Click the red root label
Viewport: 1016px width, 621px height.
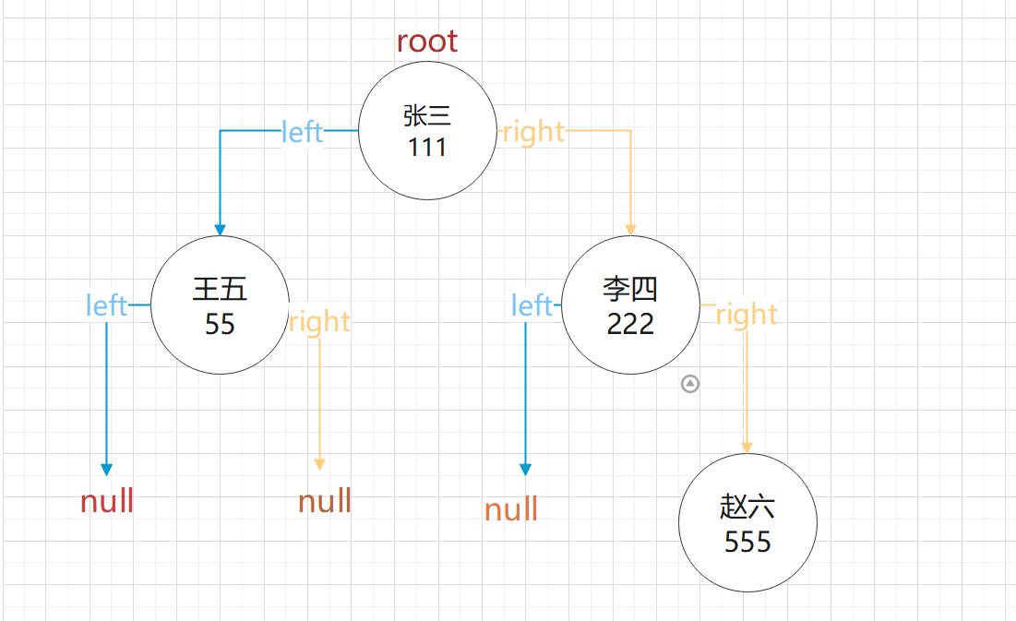pos(426,41)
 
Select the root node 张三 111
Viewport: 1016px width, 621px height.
pos(427,130)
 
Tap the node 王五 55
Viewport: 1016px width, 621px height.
pos(220,305)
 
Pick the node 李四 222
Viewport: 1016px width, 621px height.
pos(630,305)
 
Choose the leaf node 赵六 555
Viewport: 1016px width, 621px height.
pos(747,522)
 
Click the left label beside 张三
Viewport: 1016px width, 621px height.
pos(303,132)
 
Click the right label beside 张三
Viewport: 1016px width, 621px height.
pos(533,132)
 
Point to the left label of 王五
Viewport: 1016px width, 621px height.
pos(106,305)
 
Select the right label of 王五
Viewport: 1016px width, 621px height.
pos(319,322)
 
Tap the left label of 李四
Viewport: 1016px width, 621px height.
pos(532,305)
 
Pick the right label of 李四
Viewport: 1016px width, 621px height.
pos(747,315)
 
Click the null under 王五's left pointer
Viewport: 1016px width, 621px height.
pos(107,502)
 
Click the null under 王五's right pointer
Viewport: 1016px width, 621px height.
pos(325,502)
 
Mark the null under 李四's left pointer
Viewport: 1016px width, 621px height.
pos(511,509)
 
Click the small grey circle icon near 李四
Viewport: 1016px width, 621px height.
pos(690,384)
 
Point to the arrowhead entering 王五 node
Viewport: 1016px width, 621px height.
pos(220,230)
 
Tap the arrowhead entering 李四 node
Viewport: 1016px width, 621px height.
pos(631,230)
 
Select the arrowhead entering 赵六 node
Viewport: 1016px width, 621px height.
pos(747,448)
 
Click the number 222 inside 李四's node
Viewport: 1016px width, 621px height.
pos(630,324)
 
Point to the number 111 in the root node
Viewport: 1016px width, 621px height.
pos(427,147)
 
